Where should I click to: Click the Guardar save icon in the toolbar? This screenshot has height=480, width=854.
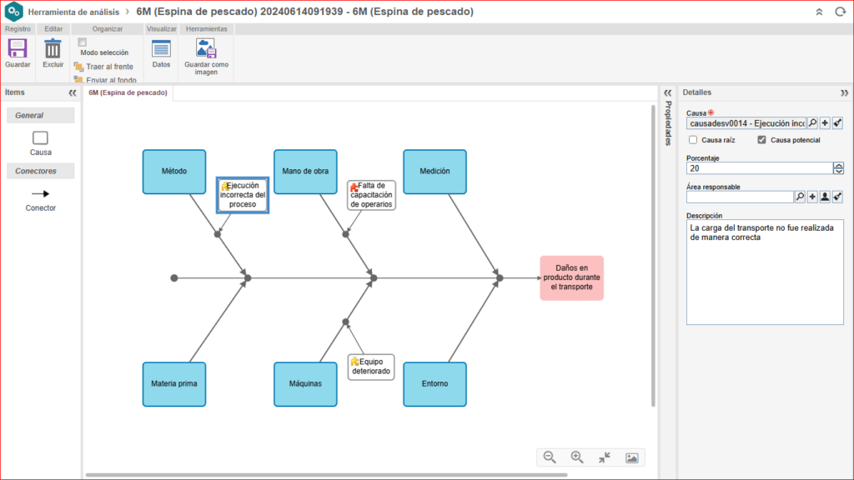(x=18, y=50)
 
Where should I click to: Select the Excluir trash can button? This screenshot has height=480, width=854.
(x=53, y=50)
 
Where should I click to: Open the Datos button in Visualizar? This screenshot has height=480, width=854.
(x=161, y=50)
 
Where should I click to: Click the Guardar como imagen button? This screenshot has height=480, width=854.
(x=206, y=50)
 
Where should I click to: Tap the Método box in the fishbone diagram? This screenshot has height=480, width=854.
(x=173, y=171)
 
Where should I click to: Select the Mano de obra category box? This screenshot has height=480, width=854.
(x=305, y=171)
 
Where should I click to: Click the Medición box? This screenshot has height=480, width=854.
(x=435, y=171)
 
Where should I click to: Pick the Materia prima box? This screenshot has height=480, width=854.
(x=173, y=383)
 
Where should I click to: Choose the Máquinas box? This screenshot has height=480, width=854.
(x=305, y=383)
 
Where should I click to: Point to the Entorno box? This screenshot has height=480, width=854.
(x=435, y=383)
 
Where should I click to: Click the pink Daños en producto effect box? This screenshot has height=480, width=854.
(x=571, y=277)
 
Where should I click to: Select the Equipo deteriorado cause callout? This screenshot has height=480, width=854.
(x=371, y=367)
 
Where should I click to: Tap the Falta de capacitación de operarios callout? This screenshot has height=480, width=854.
(x=371, y=195)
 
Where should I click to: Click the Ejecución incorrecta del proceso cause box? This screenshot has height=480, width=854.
(x=243, y=195)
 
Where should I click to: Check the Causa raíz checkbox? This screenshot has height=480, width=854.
(x=693, y=140)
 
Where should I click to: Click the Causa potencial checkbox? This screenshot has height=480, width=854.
(x=761, y=140)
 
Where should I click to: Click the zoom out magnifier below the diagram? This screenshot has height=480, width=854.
(x=550, y=457)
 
